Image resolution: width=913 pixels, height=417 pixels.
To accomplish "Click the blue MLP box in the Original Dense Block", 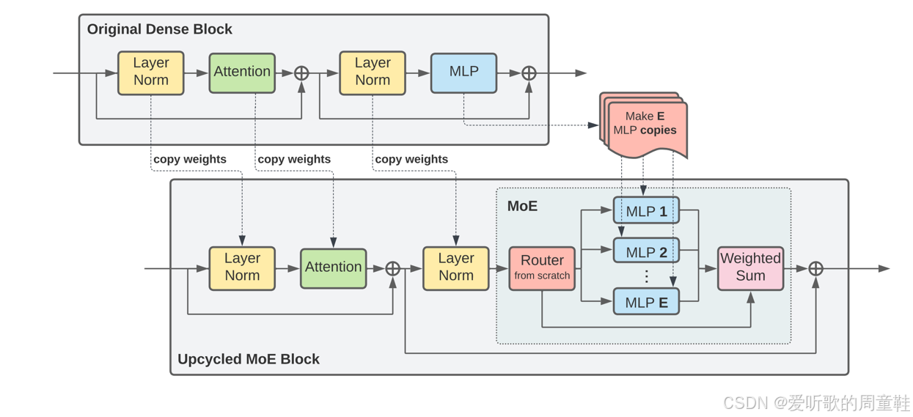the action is pos(464,73).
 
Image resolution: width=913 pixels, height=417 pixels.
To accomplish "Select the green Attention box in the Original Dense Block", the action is pos(242,73).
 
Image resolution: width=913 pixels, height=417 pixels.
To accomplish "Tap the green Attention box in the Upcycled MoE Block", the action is pos(334,269).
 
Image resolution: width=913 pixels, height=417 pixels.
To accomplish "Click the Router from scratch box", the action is pos(542,268).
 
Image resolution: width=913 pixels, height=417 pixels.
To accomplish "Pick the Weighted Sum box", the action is pos(750,268).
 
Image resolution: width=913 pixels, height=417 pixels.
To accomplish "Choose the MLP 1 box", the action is pos(647,210).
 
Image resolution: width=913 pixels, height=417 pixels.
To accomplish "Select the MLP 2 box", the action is pos(647,251).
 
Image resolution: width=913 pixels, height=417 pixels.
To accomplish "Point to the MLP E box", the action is pos(647,301).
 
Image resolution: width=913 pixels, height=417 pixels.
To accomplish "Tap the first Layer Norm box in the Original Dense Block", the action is pos(151,73).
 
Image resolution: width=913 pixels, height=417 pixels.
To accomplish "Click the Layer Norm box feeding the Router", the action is pos(456,268).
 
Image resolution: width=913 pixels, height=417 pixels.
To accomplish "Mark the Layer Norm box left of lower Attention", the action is pos(242,268).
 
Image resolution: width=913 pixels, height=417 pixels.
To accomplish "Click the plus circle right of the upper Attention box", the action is pos(301,73).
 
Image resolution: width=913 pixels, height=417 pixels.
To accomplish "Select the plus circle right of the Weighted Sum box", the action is pos(815,269).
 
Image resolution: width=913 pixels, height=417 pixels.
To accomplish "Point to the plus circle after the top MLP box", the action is pos(529,73).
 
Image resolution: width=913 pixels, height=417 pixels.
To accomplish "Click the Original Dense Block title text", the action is pos(159,29).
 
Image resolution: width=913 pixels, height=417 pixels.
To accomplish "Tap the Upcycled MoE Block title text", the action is pos(248,359).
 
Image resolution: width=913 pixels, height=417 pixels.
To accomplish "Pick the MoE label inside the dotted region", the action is pos(522,206).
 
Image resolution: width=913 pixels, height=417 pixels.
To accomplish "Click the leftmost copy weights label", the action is pos(190,159).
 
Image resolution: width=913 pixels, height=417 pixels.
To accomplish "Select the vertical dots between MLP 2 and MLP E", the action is pos(647,276).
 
